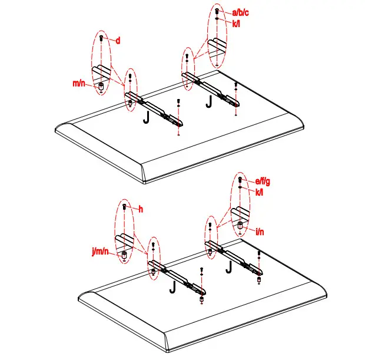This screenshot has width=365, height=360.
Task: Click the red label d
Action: [118, 41]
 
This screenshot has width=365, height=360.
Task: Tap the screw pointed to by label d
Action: [101, 38]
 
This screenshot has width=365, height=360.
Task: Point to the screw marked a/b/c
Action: [217, 11]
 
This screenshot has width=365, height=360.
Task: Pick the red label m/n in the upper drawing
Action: [78, 84]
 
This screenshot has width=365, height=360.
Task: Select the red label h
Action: [141, 209]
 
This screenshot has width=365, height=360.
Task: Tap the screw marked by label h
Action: [125, 207]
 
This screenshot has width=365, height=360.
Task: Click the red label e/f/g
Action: [264, 182]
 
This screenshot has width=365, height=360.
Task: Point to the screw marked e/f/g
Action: [240, 180]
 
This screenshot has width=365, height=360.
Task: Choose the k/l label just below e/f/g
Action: [260, 191]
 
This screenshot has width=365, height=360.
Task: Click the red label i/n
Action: [260, 232]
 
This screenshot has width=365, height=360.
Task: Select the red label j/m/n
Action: [101, 252]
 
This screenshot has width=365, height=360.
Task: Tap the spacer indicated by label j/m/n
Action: [124, 255]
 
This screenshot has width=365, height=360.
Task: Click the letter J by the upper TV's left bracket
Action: [146, 117]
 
